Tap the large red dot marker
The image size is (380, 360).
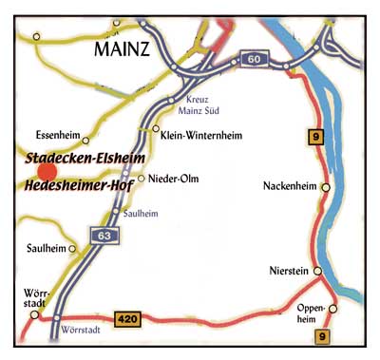pos(47,170)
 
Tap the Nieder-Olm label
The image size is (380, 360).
pos(172,178)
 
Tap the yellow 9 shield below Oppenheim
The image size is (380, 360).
pos(324,333)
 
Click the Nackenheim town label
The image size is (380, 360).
pos(291,186)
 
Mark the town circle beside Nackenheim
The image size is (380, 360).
pos(325,188)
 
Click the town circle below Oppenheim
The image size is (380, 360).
pos(332,308)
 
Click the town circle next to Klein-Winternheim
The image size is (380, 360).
pos(156,128)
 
